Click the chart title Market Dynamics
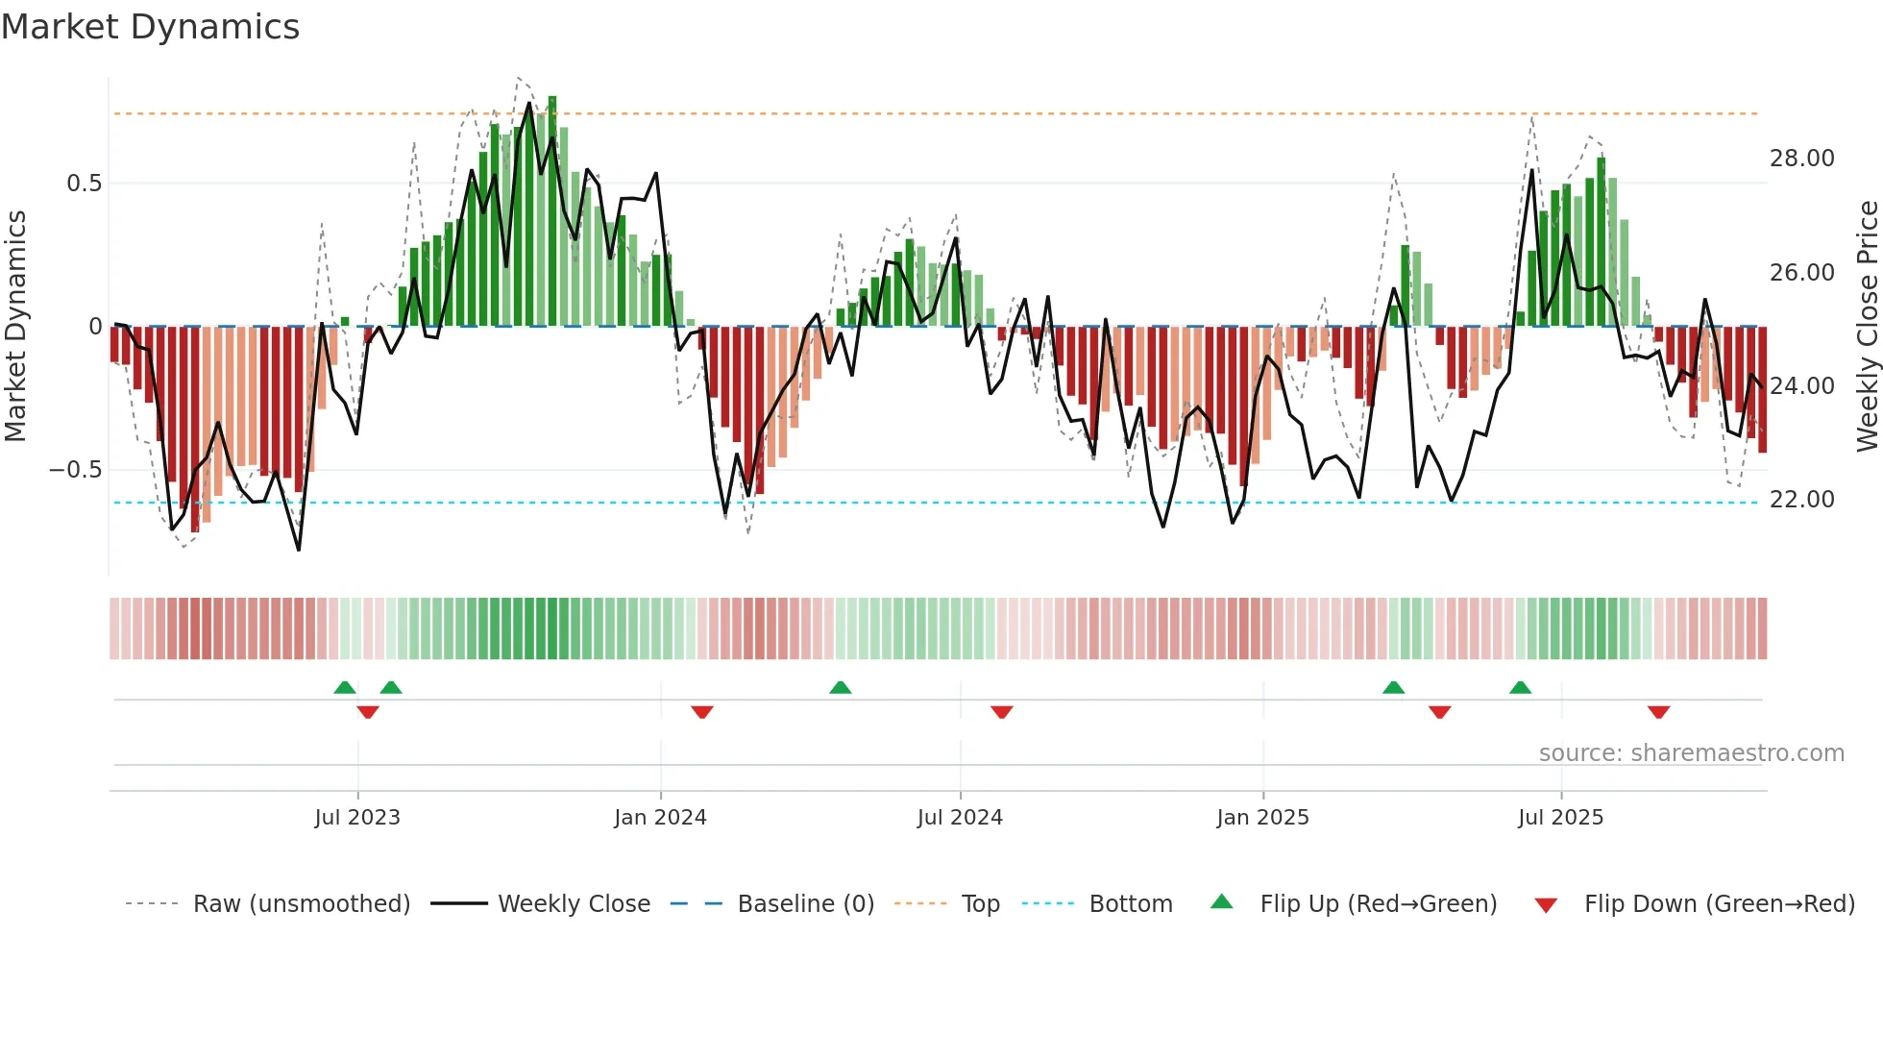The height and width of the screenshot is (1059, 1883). (150, 27)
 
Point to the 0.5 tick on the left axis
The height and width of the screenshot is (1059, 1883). (84, 184)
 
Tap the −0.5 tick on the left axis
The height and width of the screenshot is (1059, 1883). (75, 470)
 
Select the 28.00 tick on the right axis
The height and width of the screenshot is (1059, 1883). (1801, 159)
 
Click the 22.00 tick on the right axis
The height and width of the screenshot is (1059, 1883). (1801, 500)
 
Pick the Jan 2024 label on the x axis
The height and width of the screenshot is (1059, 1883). (660, 818)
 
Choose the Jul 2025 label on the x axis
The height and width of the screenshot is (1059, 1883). (1560, 818)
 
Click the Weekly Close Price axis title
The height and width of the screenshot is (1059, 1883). (1867, 327)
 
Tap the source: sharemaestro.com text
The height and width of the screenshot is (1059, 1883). (1691, 753)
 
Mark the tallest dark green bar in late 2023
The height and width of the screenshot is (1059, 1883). (552, 211)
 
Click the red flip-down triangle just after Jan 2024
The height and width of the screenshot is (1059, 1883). (702, 712)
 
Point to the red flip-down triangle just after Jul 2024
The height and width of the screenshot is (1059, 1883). (1002, 712)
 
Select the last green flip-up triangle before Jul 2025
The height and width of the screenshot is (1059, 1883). (1520, 687)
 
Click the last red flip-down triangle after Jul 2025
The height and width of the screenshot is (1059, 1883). (1658, 712)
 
